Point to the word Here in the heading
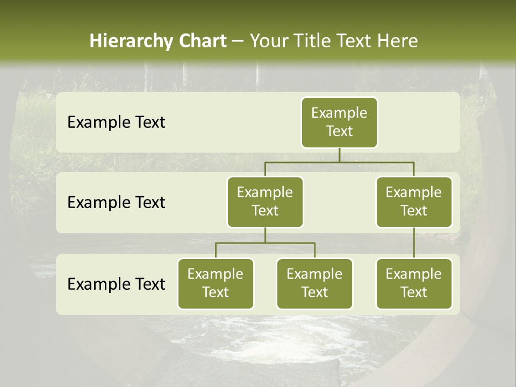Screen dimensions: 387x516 398,41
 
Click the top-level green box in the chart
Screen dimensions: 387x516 339,122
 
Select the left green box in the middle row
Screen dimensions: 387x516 265,202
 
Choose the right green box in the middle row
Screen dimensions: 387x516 414,202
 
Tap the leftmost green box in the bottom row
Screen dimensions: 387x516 216,283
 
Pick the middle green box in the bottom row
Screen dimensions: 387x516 314,283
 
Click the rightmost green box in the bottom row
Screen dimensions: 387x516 414,283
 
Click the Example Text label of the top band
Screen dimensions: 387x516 116,123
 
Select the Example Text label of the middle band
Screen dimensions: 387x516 116,203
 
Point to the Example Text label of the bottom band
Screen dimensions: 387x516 116,284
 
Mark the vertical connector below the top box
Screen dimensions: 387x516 339,155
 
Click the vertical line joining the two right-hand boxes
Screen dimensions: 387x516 414,243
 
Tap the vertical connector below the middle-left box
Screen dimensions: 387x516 265,235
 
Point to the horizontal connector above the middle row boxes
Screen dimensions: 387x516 339,162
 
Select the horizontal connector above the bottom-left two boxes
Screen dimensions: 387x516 265,243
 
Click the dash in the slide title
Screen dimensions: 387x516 238,41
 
